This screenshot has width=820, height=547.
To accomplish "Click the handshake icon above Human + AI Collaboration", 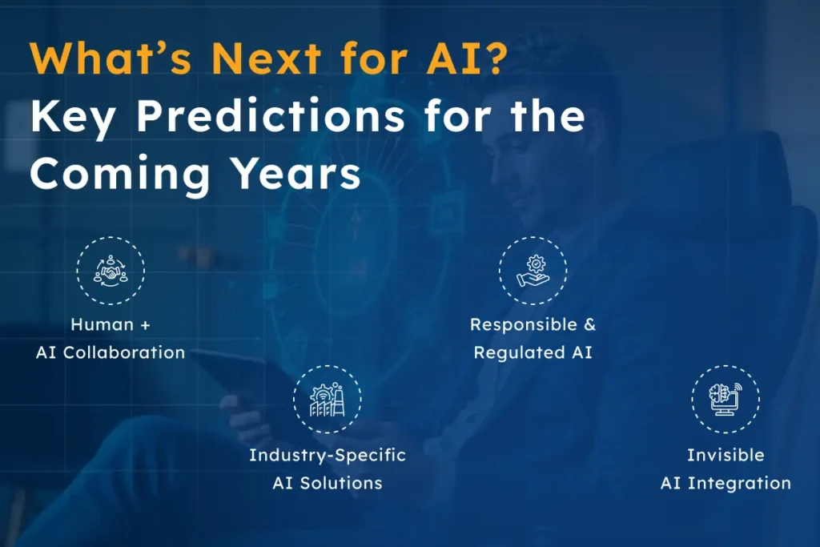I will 111,270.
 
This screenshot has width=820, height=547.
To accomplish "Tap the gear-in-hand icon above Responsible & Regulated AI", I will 533,270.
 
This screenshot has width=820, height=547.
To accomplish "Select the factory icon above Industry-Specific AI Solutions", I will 327,399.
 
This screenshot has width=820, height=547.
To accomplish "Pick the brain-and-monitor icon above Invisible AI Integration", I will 726,399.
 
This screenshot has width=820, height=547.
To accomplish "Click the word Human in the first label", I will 101,324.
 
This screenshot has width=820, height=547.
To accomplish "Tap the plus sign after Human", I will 144,325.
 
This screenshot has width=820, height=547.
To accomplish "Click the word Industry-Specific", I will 328,455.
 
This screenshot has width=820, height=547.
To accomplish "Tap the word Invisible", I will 726,455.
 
